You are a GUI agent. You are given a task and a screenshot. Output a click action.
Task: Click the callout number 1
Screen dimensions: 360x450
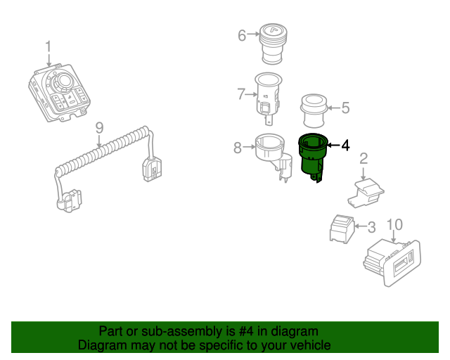(x=49, y=47)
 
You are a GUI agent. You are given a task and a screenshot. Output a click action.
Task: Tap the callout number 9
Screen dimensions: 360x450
(x=99, y=128)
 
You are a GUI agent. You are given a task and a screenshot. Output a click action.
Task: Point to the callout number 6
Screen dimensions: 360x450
(x=242, y=34)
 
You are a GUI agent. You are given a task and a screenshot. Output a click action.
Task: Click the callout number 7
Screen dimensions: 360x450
(x=241, y=93)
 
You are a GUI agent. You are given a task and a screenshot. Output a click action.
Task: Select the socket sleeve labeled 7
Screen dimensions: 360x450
(x=268, y=94)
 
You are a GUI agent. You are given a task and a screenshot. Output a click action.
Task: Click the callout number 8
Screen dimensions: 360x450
(x=238, y=147)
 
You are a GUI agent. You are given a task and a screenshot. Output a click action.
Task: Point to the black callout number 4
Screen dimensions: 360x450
(x=345, y=146)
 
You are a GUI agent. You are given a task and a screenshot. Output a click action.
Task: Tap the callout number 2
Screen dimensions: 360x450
(x=364, y=159)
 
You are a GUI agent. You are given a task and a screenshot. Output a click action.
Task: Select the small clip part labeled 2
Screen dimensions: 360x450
(x=366, y=189)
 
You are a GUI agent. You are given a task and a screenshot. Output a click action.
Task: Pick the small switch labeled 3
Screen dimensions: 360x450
(x=342, y=228)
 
